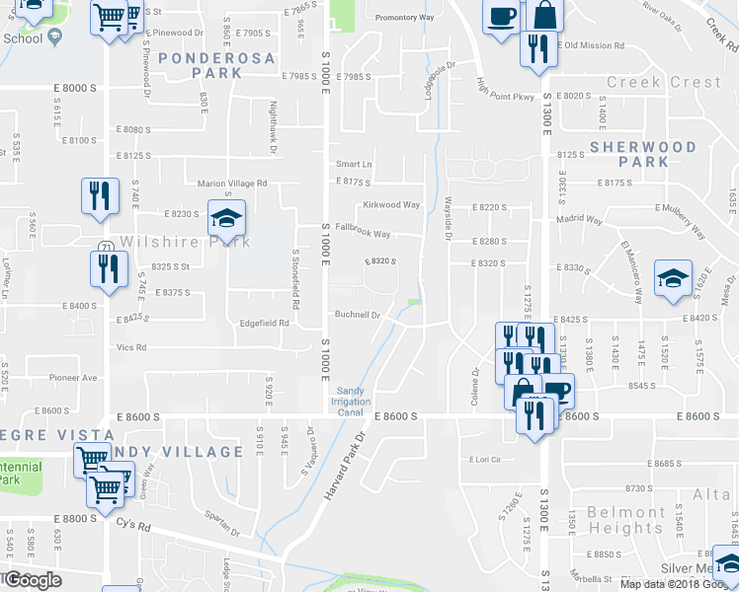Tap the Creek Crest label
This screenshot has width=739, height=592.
[x=664, y=82]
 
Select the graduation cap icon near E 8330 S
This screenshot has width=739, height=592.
[x=673, y=278]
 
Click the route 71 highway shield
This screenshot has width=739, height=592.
[x=104, y=246]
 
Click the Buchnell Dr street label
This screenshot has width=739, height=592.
[x=357, y=315]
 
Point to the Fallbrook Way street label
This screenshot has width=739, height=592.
[x=364, y=235]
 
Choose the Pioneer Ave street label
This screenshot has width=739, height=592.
[x=75, y=378]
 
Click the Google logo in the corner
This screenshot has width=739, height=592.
[x=32, y=580]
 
